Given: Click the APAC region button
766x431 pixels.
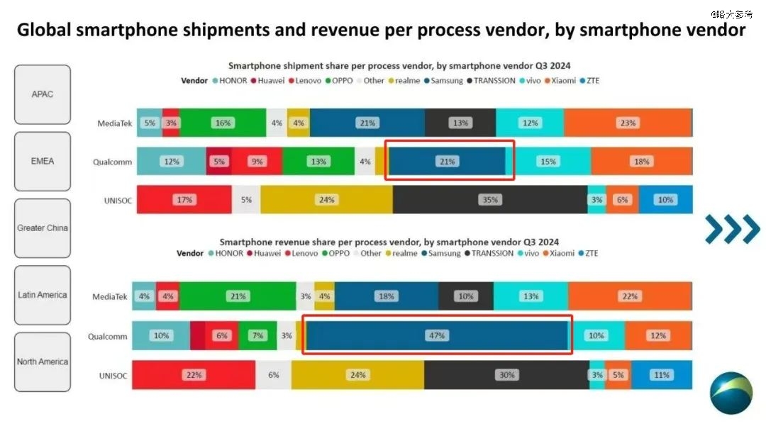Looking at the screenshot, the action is point(43,94).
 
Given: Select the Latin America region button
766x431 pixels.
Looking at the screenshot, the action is point(43,295).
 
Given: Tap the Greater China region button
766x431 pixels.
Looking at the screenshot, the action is point(43,228).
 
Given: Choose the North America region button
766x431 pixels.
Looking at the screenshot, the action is point(43,362).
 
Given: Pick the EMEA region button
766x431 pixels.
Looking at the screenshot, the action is point(43,161).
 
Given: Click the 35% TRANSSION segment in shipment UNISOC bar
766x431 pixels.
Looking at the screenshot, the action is point(490,200).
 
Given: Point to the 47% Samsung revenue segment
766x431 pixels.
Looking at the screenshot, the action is point(437,336).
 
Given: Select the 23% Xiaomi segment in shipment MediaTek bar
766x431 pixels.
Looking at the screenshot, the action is point(628,123).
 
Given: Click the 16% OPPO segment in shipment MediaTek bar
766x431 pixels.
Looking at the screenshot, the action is point(223,123).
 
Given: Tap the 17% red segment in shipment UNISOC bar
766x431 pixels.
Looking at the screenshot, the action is point(184,200).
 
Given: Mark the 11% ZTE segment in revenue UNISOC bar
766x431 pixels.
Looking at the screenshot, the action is point(662,375).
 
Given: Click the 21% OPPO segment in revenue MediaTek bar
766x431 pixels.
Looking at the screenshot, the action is point(238,296).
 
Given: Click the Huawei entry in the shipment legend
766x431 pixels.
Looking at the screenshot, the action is point(267,81).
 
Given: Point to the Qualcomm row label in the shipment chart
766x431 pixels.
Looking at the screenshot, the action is point(112,162).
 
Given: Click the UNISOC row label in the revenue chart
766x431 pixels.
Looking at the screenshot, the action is point(113,376).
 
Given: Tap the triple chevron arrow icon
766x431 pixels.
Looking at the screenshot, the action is point(732,228).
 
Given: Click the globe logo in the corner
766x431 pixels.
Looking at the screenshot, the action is point(731,393).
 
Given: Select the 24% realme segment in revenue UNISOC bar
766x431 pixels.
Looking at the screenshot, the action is point(357,375).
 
